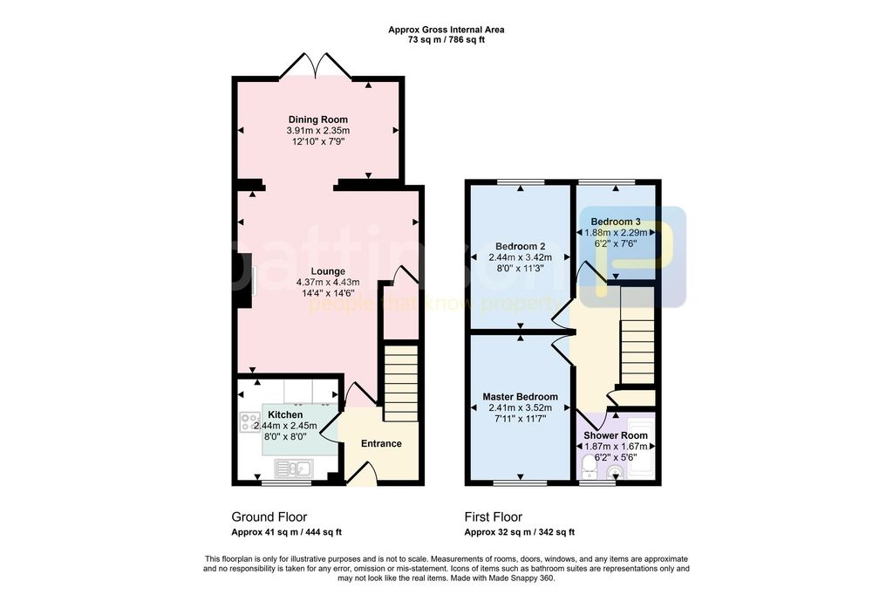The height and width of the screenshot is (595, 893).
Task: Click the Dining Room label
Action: point(317,120)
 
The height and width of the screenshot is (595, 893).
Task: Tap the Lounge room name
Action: point(328,272)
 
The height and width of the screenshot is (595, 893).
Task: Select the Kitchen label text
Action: point(285,415)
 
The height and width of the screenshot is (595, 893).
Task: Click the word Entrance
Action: point(381,443)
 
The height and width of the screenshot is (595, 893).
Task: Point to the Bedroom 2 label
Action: point(520,247)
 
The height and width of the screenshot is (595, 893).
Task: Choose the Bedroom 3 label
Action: point(616,222)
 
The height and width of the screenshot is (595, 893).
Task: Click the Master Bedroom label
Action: point(520,397)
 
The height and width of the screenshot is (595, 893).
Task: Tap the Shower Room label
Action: point(616,435)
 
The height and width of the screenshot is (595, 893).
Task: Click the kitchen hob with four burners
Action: point(249,421)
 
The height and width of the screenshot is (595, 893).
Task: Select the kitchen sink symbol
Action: point(293,468)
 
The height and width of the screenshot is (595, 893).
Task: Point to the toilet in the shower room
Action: point(589,468)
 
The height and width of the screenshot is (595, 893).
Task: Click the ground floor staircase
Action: point(400,383)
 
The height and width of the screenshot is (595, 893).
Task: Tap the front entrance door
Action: point(362,473)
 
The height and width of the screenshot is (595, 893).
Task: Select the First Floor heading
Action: point(494,517)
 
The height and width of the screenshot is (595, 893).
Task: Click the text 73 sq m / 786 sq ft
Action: point(446,40)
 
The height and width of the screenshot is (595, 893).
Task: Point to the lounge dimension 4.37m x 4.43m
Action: point(328,283)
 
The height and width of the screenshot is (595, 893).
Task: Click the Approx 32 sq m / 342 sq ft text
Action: point(520,532)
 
